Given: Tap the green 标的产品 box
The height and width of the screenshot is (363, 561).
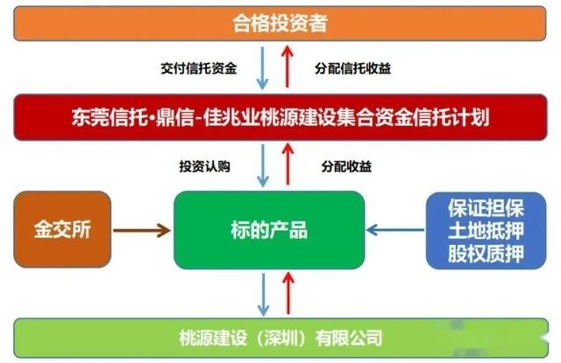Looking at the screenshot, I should [268, 231].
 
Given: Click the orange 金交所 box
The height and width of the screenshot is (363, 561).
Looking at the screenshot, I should [63, 231].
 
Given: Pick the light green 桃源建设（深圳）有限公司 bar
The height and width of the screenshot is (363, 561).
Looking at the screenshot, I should [280, 338].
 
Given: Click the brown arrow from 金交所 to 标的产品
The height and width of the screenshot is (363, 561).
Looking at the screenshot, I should [142, 231].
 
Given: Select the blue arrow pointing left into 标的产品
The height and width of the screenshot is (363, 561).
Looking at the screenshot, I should [394, 231].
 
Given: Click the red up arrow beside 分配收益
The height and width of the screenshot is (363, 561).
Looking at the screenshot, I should [286, 165].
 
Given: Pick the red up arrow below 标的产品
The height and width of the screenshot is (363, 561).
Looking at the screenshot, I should [286, 294].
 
